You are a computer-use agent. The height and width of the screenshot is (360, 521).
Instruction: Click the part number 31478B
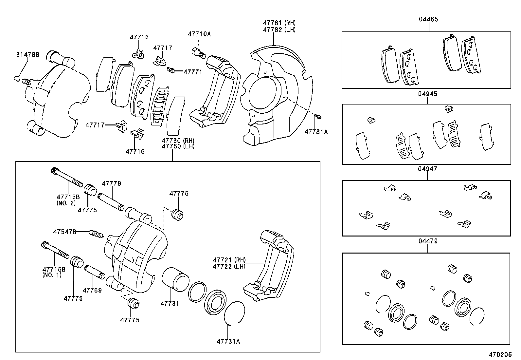click(28, 55)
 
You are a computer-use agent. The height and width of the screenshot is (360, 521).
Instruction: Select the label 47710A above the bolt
click(199, 34)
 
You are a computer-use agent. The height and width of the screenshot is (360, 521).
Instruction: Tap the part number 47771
click(193, 72)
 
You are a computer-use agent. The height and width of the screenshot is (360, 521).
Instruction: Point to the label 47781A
click(316, 132)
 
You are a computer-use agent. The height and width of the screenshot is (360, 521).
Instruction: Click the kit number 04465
click(428, 19)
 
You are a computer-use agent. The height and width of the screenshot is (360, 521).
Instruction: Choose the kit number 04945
click(427, 94)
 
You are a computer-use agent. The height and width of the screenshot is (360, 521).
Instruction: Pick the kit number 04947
click(427, 169)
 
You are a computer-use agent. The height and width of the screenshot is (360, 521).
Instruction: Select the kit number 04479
click(427, 241)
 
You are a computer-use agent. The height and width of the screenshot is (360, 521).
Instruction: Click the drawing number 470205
click(500, 355)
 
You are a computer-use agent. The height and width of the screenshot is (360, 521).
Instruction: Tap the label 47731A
click(228, 341)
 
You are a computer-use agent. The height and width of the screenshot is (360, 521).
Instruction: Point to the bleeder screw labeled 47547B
click(97, 234)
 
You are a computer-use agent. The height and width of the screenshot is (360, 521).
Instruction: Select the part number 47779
click(111, 184)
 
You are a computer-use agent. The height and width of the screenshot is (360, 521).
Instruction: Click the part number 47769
click(92, 290)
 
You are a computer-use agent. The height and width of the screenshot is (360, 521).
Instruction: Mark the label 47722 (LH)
click(229, 267)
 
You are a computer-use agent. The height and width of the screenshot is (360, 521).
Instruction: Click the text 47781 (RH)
click(279, 23)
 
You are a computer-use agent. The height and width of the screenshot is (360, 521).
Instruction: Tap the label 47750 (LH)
click(178, 146)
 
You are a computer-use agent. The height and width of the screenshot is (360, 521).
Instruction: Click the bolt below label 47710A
click(198, 52)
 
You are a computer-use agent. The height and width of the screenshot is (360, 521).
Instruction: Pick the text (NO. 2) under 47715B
click(66, 203)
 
